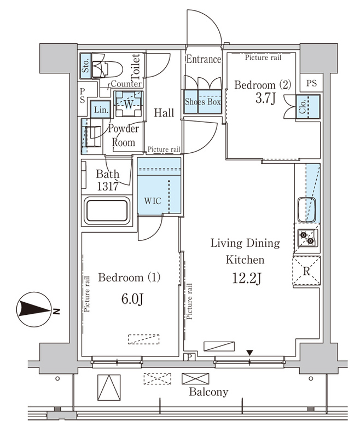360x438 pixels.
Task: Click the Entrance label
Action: tap(204, 59)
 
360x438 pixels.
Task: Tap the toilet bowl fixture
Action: tap(107, 69)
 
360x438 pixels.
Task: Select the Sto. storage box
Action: tap(85, 66)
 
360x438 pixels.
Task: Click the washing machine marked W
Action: tap(129, 103)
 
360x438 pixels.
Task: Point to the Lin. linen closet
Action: tap(101, 109)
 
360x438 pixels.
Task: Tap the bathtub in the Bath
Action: tap(107, 211)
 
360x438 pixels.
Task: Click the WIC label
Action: tap(153, 200)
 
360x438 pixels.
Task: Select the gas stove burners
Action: tap(307, 238)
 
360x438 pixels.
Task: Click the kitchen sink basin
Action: tap(307, 210)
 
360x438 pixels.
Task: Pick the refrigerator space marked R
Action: tap(306, 271)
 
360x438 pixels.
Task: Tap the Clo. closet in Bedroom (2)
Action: tap(308, 107)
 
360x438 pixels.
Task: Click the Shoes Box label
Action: tap(203, 102)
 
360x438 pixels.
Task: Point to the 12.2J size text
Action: tap(247, 278)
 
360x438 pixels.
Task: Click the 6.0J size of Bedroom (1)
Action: tap(132, 299)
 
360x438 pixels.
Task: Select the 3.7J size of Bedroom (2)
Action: tap(265, 99)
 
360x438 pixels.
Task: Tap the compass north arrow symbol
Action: tap(34, 310)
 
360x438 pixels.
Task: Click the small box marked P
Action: tap(189, 357)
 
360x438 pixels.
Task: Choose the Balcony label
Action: tap(208, 392)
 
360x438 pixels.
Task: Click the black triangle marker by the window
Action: tap(250, 353)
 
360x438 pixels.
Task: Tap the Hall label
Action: tap(164, 113)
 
